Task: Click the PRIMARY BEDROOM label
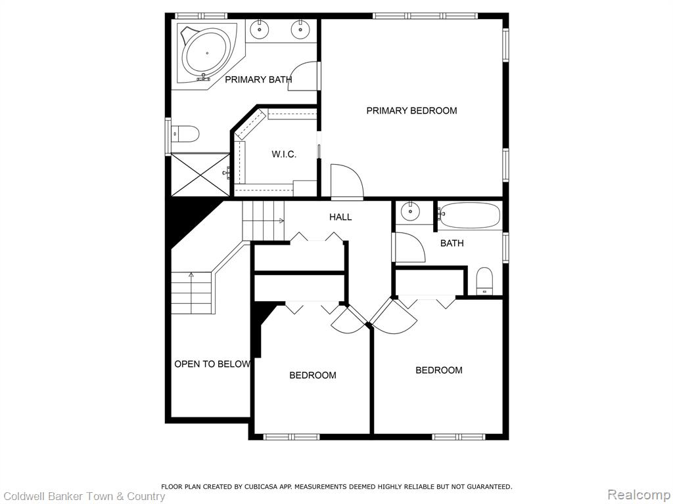[x=411, y=110]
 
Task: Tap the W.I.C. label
[x=284, y=154]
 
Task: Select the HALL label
[x=340, y=217]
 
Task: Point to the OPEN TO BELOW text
[x=212, y=364]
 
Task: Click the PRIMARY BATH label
[x=258, y=79]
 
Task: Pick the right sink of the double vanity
[x=300, y=30]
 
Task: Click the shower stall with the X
[x=200, y=174]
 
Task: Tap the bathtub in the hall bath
[x=470, y=215]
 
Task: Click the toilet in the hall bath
[x=485, y=281]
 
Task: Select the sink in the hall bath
[x=411, y=211]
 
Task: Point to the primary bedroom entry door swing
[x=347, y=182]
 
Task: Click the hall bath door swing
[x=409, y=247]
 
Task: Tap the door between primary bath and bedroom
[x=304, y=76]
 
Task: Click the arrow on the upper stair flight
[x=262, y=220]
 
